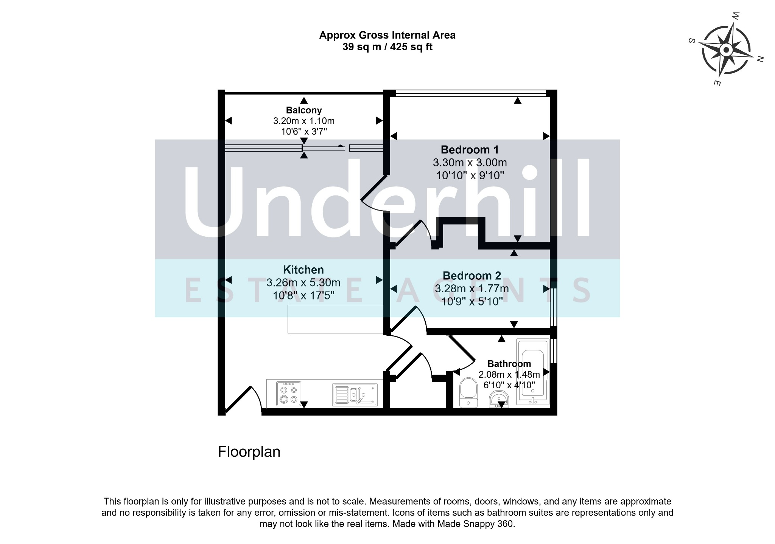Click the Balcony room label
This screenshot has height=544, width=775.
(x=304, y=110)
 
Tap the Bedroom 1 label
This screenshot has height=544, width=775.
(x=470, y=150)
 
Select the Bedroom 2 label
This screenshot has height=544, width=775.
(x=472, y=276)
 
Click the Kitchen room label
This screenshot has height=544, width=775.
(x=303, y=270)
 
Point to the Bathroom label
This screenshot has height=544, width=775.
(x=509, y=364)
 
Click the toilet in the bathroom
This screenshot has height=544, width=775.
(x=468, y=393)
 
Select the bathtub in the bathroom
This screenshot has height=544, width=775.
(x=533, y=372)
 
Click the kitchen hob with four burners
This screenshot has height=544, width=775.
(x=289, y=394)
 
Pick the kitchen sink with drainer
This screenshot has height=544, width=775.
(x=355, y=395)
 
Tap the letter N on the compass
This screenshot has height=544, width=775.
(x=760, y=59)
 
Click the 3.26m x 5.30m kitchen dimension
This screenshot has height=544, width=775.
(x=303, y=283)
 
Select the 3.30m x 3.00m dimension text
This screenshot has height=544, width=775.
(x=470, y=163)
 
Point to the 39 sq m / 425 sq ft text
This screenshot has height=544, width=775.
(x=387, y=47)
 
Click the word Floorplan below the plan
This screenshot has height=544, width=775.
(x=249, y=452)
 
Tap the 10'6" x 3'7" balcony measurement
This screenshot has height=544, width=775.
(x=304, y=132)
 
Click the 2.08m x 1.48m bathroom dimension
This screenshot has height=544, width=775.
(x=509, y=375)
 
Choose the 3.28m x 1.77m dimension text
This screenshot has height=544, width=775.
(x=472, y=289)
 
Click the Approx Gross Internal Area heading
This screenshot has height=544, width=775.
(x=387, y=35)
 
